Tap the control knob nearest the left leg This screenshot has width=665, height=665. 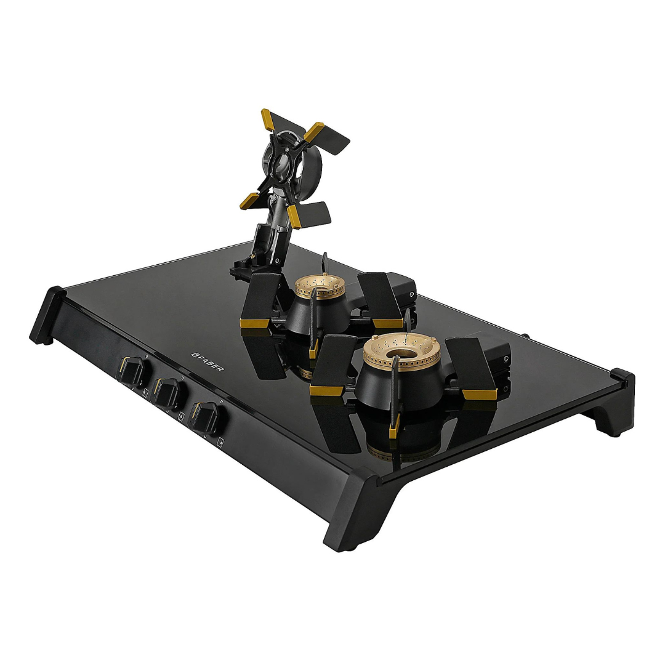[x=132, y=371]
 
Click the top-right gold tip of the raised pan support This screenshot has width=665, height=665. [x=314, y=132]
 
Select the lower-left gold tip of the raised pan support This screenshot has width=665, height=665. [x=250, y=201]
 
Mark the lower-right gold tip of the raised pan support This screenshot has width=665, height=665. [x=295, y=216]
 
